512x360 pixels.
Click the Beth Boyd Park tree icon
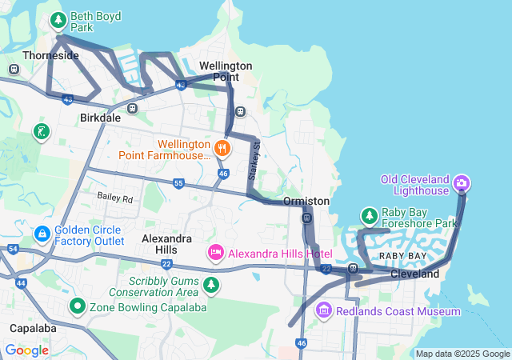pyautogui.click(x=58, y=20)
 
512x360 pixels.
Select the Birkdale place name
pyautogui.click(x=100, y=117)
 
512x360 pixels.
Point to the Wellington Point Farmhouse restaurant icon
pyautogui.click(x=222, y=147)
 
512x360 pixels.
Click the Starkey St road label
pyautogui.click(x=257, y=158)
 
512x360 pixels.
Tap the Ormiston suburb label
pyautogui.click(x=306, y=201)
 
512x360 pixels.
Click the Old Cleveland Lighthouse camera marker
pyautogui.click(x=461, y=184)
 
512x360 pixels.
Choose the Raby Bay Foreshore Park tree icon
pyautogui.click(x=369, y=216)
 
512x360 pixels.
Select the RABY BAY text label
pyautogui.click(x=402, y=255)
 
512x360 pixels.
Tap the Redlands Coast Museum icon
pyautogui.click(x=324, y=310)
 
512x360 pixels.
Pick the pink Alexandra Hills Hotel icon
pyautogui.click(x=215, y=254)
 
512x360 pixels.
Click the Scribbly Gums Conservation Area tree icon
pyautogui.click(x=211, y=285)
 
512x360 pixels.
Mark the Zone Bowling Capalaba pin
pyautogui.click(x=78, y=306)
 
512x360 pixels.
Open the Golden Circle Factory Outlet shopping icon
pyautogui.click(x=42, y=233)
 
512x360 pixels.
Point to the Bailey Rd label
pyautogui.click(x=114, y=196)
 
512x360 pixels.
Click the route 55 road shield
pyautogui.click(x=178, y=183)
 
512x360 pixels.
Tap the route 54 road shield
pyautogui.click(x=12, y=249)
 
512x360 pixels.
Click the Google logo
pyautogui.click(x=26, y=350)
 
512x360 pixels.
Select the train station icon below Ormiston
pyautogui.click(x=306, y=218)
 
